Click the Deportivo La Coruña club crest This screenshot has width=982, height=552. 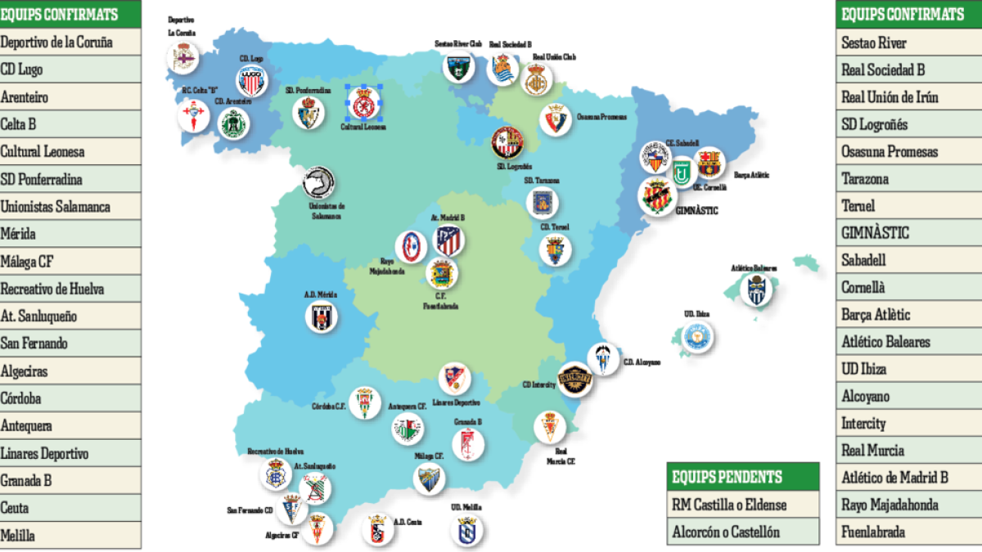[183, 58]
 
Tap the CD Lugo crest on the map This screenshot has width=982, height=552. [252, 82]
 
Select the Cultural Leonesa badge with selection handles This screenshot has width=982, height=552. [362, 103]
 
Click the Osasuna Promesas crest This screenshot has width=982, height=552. [556, 119]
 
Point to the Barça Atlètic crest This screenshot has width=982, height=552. [709, 163]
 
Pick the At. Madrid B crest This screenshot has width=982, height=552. [448, 240]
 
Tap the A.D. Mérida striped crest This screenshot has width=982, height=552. [322, 317]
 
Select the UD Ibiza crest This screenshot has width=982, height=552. [698, 336]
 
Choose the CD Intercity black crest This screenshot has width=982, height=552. [574, 378]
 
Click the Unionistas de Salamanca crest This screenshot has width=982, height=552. [318, 184]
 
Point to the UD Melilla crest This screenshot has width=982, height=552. [466, 530]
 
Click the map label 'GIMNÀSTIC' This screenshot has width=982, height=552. [698, 210]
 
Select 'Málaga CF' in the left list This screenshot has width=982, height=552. [28, 262]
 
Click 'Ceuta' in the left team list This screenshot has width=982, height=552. [16, 508]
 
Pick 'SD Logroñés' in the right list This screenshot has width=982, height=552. [874, 124]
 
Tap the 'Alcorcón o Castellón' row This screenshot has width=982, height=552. [726, 532]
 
